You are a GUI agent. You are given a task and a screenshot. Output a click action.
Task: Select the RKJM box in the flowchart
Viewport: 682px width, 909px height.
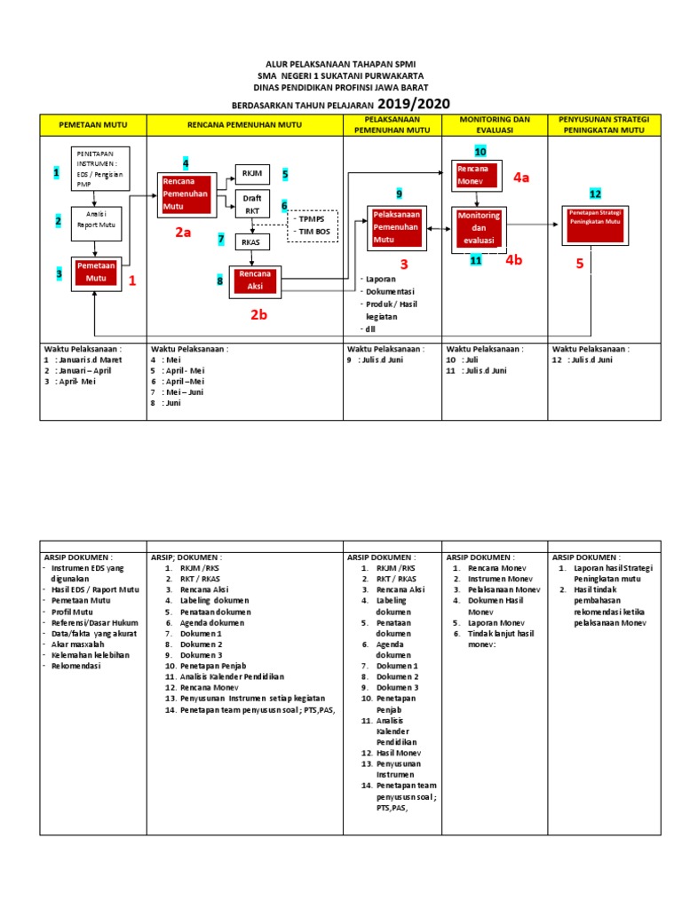pos(251,174)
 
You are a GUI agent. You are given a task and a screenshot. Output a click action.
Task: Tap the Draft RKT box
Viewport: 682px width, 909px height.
pos(251,205)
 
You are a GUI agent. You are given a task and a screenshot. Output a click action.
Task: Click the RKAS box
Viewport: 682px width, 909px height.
pos(251,241)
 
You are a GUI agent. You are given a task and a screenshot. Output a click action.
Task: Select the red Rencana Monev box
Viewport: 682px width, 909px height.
pos(478,174)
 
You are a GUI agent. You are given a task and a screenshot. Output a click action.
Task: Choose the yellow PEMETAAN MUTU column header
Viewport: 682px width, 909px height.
pos(93,124)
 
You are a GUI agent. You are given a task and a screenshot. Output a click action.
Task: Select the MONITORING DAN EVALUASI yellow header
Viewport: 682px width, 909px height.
pos(495,124)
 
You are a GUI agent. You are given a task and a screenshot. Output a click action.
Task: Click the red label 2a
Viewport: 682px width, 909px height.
pos(183,233)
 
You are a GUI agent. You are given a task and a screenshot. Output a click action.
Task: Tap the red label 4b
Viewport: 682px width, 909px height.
pos(515,260)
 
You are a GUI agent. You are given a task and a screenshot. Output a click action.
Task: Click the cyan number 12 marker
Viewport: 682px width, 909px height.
pos(595,193)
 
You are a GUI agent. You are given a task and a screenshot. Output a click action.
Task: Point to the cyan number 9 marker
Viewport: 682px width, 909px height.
pos(400,193)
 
